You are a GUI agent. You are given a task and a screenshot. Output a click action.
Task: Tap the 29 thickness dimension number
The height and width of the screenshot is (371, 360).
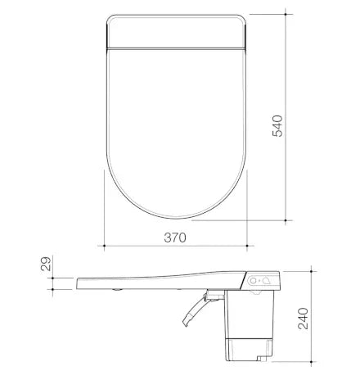[46, 264]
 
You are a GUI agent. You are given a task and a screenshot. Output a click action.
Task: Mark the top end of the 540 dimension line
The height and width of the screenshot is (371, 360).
[286, 12]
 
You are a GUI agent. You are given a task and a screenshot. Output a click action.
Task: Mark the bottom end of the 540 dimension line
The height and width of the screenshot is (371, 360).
[286, 219]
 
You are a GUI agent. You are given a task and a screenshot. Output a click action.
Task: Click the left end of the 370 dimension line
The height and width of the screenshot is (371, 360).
[104, 245]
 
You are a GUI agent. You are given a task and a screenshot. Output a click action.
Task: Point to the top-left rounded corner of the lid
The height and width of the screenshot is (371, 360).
[109, 16]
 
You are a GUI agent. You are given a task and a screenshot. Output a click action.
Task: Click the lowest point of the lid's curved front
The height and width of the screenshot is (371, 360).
[174, 219]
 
